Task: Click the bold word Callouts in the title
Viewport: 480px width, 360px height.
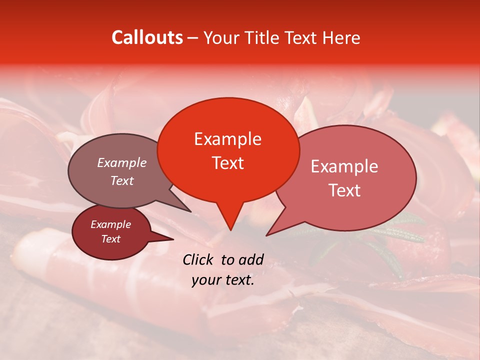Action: pos(147,37)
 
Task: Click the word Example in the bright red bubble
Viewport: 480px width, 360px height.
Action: pos(227,139)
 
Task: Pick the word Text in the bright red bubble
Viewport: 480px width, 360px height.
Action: pos(227,163)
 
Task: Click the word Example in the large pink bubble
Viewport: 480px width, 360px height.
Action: pos(344,166)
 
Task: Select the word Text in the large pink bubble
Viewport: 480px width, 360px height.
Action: pos(344,190)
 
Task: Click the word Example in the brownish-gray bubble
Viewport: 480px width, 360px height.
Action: pos(121,162)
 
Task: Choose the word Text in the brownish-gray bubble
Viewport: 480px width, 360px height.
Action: pos(121,180)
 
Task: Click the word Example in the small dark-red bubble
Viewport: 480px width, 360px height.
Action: pos(110,224)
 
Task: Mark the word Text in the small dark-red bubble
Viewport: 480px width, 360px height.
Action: pos(110,239)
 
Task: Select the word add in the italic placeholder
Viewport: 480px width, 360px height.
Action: pos(251,259)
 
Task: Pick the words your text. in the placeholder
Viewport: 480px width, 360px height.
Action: pos(223,280)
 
